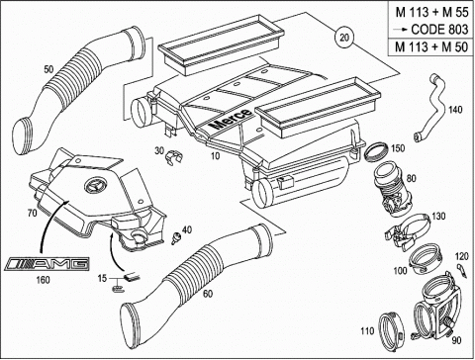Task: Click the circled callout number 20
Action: (344, 38)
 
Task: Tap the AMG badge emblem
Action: (47, 264)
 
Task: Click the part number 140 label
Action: (455, 110)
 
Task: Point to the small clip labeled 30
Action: (172, 157)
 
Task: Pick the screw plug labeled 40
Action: (177, 237)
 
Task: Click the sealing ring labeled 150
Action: (376, 151)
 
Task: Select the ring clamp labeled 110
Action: (391, 330)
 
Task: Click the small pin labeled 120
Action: (462, 270)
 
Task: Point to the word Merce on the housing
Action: (231, 120)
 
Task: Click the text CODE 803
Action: (439, 30)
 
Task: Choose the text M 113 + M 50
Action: (431, 47)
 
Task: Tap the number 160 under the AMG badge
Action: (43, 280)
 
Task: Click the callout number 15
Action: (102, 278)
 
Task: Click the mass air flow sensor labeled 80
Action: (392, 191)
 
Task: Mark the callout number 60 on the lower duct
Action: (208, 294)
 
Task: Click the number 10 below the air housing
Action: (215, 155)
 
